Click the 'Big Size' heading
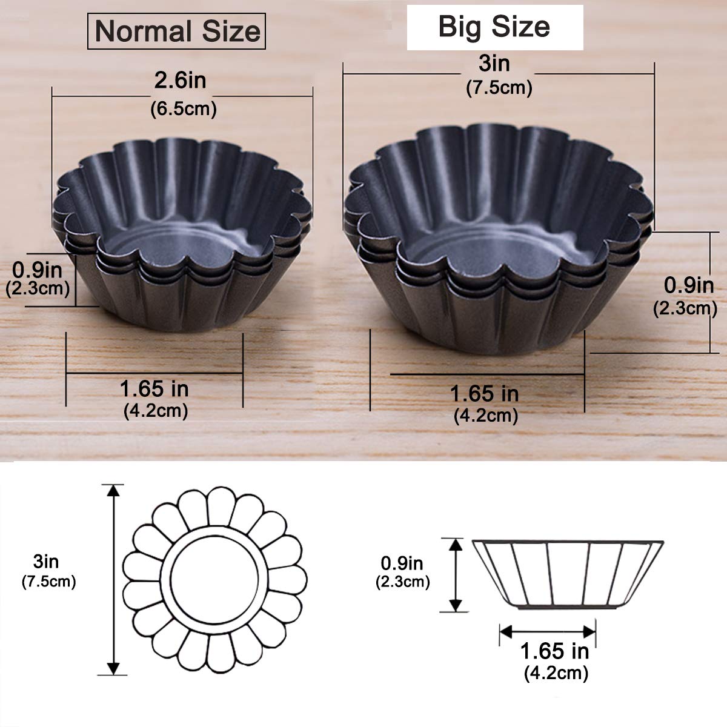pyautogui.click(x=494, y=27)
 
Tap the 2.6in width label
pyautogui.click(x=181, y=81)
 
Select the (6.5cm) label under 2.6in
pyautogui.click(x=183, y=110)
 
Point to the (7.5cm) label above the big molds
pyautogui.click(x=499, y=88)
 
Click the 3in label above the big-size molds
pyautogui.click(x=494, y=64)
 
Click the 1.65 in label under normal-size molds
pyautogui.click(x=154, y=388)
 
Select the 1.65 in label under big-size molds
pyautogui.click(x=484, y=394)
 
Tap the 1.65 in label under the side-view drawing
pyautogui.click(x=554, y=651)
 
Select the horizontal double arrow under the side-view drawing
pyautogui.click(x=548, y=631)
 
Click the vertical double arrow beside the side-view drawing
pyautogui.click(x=455, y=574)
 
